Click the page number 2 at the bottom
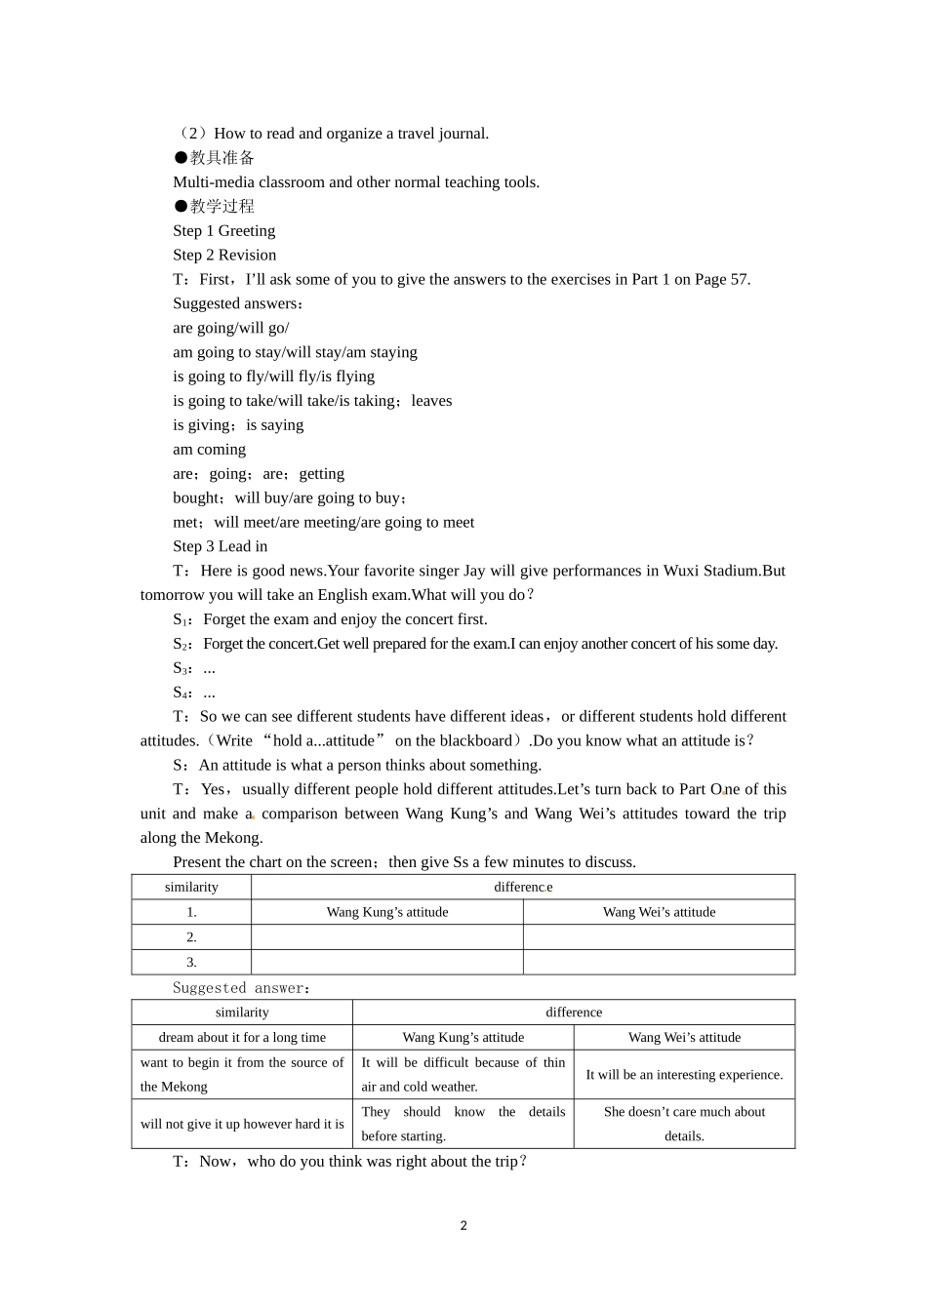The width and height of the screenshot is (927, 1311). coord(463,1226)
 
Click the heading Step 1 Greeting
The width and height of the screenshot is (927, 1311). coord(223,231)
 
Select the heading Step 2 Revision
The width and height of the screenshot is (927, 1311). coord(224,256)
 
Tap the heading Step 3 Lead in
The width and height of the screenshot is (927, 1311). coord(220,547)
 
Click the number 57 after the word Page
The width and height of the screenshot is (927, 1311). coord(739,280)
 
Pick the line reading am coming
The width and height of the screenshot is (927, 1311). coord(209,450)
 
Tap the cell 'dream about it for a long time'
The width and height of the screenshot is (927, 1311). coord(242,1038)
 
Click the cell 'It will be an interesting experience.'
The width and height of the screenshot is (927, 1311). coord(684,1075)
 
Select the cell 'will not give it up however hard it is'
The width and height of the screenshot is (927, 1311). coord(242,1124)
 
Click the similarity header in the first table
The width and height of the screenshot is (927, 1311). coord(191,888)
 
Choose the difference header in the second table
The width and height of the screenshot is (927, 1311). coord(574,1013)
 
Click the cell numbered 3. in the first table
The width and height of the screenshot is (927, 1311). coord(191,963)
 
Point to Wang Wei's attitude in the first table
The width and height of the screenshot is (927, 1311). coord(659,912)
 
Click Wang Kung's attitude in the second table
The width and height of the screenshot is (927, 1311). coord(463,1038)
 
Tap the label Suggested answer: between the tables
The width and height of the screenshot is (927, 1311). coord(241,988)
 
